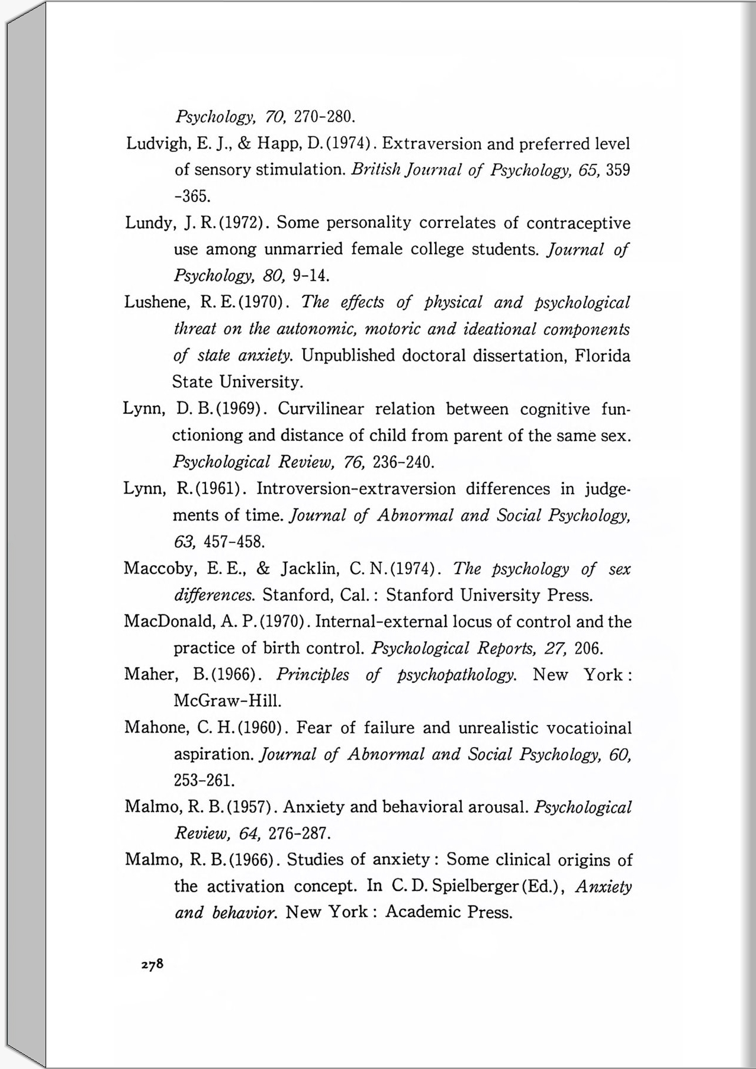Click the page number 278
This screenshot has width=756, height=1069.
(152, 964)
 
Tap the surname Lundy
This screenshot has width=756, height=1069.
(149, 224)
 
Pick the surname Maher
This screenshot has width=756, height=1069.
(149, 674)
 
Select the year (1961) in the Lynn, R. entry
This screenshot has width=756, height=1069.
(217, 489)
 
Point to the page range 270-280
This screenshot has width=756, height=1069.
(324, 116)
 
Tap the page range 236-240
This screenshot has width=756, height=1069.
(404, 462)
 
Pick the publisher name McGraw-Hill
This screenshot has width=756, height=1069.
(227, 701)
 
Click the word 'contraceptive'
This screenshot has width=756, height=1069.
(578, 224)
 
